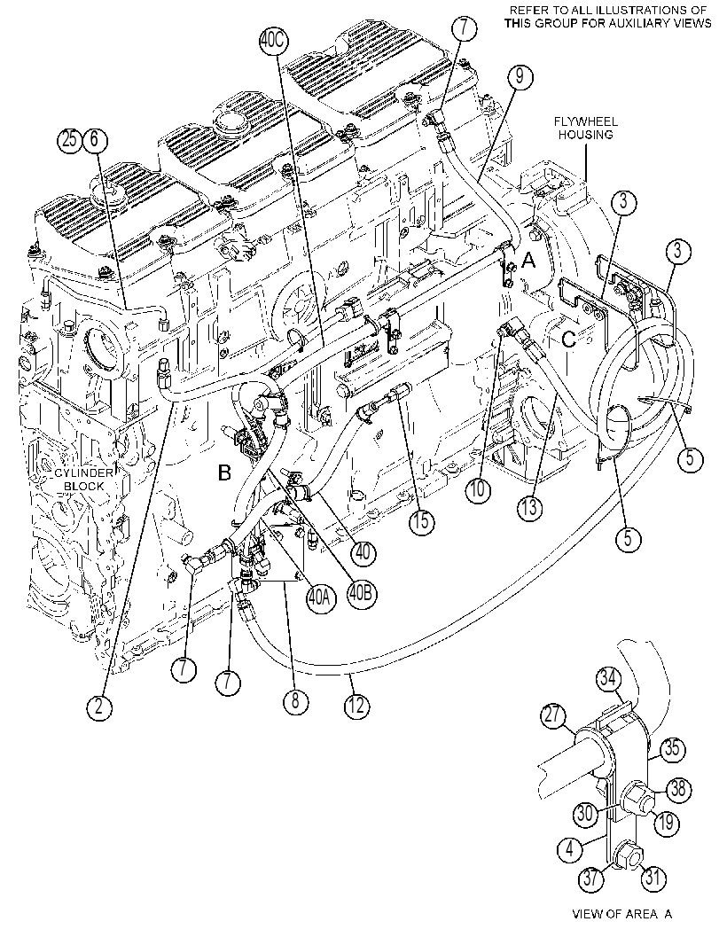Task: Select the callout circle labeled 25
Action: (69, 140)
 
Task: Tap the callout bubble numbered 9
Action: (519, 77)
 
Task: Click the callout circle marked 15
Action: (421, 521)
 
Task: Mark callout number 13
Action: (530, 507)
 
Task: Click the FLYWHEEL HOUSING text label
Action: (585, 129)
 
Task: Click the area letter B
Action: (224, 474)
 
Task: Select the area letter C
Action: (569, 340)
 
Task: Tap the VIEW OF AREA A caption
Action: (622, 914)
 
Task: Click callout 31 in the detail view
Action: (653, 878)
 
